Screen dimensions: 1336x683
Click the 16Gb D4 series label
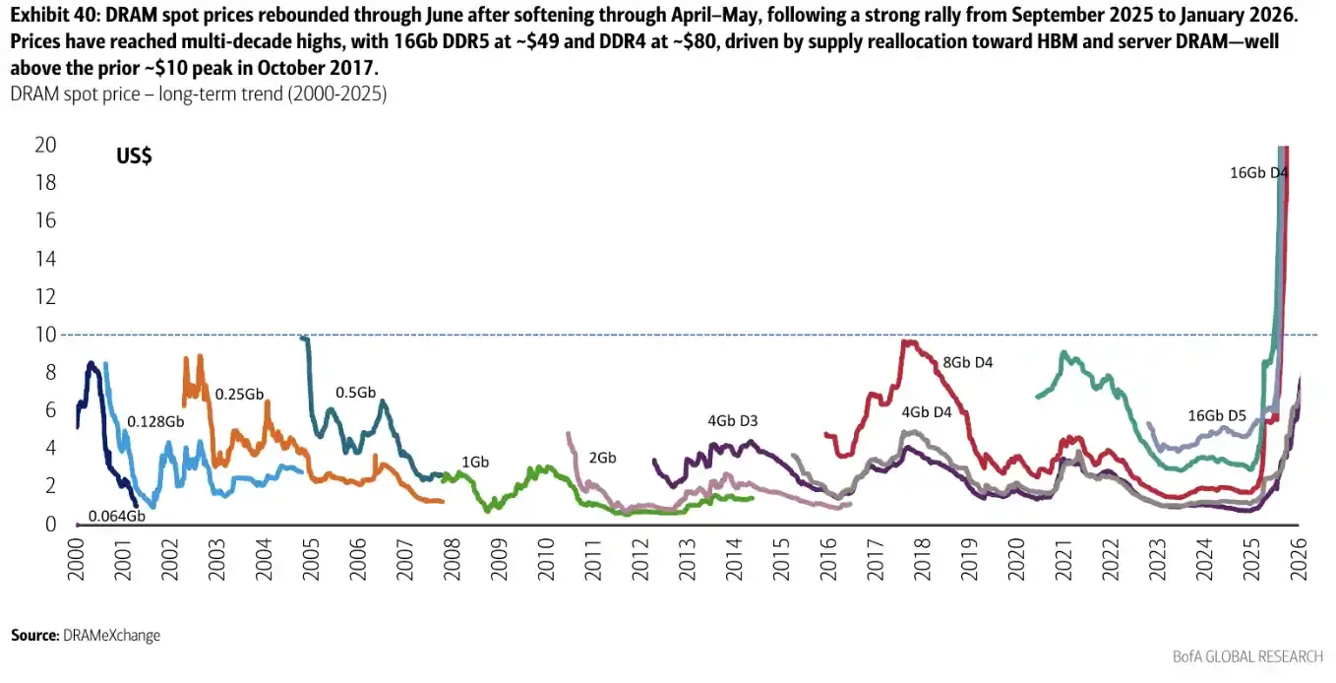1258,172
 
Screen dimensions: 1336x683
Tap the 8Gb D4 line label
967,362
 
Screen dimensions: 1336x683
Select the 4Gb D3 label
732,420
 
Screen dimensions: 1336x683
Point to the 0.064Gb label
116,516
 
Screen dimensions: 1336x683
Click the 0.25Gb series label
239,395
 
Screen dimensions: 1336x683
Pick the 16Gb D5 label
1217,415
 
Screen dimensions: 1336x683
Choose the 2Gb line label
602,458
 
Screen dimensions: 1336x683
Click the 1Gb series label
475,462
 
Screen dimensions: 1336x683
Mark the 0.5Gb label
355,393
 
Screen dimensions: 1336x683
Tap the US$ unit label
134,156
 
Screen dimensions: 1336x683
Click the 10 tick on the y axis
45,335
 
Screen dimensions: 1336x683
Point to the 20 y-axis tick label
45,145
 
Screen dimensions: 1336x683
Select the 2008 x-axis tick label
452,559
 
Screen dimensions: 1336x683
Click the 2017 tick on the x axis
875,559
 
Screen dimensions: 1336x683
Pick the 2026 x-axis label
1299,559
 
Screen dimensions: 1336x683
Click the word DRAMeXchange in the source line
111,636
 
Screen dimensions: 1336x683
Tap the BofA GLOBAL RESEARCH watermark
1247,656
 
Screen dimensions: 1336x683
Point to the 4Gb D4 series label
927,412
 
